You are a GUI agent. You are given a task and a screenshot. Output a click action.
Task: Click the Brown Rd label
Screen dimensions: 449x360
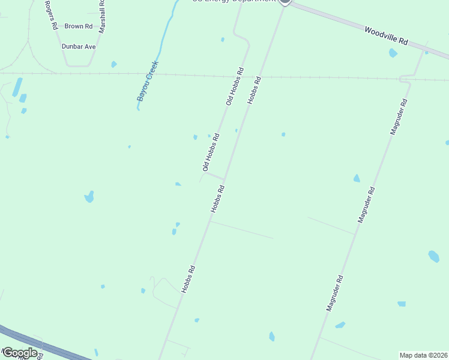[79, 26]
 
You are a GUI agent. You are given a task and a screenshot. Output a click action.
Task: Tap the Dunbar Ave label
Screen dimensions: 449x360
[79, 46]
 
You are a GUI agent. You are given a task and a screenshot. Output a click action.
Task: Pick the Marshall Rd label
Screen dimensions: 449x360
[103, 15]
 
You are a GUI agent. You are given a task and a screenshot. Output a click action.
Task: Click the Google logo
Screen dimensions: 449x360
[20, 353]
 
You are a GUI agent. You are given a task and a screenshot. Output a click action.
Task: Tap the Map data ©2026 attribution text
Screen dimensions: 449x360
[424, 355]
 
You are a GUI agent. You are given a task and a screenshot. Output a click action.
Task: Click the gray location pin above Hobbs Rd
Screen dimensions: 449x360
[285, 2]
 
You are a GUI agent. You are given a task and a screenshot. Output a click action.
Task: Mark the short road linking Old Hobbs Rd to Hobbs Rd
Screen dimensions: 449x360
[215, 176]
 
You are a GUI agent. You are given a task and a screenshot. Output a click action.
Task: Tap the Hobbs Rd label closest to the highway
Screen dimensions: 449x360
[188, 280]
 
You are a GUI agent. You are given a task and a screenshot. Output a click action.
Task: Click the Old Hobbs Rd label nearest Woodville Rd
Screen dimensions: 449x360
[235, 87]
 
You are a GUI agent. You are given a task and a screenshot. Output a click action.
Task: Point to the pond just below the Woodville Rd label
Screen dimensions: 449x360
[393, 53]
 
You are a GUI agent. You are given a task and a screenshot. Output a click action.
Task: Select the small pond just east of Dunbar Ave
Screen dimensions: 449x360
[114, 64]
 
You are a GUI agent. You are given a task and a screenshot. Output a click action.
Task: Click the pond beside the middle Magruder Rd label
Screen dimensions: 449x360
[357, 178]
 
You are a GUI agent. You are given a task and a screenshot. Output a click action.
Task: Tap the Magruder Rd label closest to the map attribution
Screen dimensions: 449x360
[334, 293]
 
